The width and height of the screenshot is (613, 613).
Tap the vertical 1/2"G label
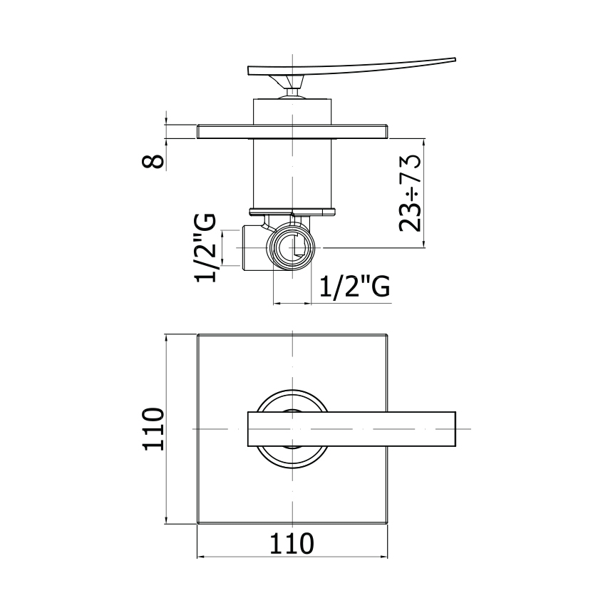coord(205,247)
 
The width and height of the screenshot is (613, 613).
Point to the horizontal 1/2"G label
coord(355,287)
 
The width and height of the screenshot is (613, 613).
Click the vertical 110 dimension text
coord(153,429)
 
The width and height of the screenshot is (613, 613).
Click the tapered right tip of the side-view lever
coord(454,59)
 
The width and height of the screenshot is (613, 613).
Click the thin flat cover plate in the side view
coord(292,131)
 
